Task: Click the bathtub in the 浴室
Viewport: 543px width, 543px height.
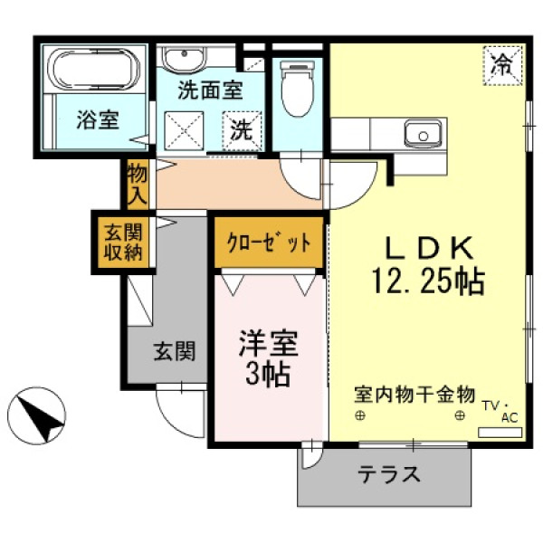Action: click(x=93, y=70)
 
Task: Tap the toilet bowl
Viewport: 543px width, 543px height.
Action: click(x=298, y=89)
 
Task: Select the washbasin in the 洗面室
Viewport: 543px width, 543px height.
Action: click(x=184, y=59)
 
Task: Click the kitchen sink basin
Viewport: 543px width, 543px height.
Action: click(x=423, y=133)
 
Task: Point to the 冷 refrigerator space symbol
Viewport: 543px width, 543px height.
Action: click(x=502, y=65)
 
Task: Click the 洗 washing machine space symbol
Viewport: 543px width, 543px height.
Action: click(x=242, y=130)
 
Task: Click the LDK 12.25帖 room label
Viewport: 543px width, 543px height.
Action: click(x=428, y=265)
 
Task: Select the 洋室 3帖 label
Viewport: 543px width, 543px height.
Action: click(x=269, y=358)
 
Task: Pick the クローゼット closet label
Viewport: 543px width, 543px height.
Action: click(x=269, y=243)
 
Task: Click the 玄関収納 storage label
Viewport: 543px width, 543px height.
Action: click(x=124, y=243)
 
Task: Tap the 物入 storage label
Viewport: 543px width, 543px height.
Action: click(x=138, y=185)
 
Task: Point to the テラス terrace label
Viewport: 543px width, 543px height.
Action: click(x=389, y=474)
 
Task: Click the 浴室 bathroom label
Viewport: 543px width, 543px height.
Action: click(x=98, y=119)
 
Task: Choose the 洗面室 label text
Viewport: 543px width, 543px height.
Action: click(x=210, y=90)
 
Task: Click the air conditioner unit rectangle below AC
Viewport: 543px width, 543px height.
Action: click(x=500, y=433)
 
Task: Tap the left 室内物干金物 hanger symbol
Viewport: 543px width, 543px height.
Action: click(x=360, y=415)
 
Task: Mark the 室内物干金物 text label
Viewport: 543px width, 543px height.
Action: click(x=414, y=395)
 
